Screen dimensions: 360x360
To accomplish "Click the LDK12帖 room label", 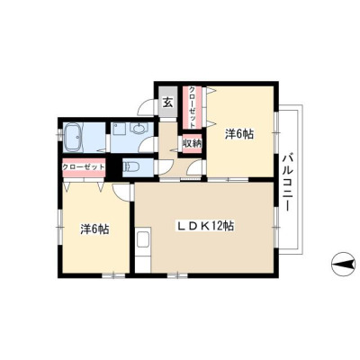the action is [206, 226].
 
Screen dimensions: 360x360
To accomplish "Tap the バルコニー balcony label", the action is [287, 182].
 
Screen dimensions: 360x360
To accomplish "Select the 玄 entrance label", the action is [168, 103].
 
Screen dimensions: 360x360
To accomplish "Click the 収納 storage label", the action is [193, 143].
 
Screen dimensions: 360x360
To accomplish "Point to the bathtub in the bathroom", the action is [73, 138].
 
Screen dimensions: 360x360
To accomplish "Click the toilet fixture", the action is [130, 166].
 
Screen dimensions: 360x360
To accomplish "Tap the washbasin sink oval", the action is [139, 130].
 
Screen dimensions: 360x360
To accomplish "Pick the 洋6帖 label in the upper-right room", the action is [239, 134].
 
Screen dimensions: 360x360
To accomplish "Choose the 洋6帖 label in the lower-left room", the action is [94, 229].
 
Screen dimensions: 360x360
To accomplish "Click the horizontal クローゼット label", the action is [84, 166].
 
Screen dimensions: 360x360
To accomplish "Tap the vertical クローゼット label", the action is [192, 106].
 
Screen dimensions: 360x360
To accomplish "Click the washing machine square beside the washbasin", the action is [118, 129].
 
